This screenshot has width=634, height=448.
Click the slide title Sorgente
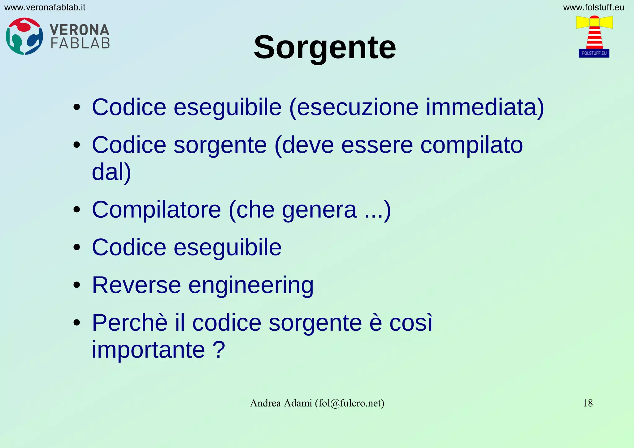(x=325, y=47)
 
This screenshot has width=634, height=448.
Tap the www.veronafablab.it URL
(x=45, y=7)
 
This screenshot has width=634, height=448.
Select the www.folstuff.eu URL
(x=593, y=7)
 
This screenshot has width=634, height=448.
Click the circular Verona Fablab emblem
(x=24, y=36)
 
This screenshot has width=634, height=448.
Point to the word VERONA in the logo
(x=80, y=30)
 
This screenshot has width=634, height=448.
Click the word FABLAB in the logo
(x=80, y=43)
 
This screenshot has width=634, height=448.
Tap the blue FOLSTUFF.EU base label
(x=594, y=53)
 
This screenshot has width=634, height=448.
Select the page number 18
(x=588, y=403)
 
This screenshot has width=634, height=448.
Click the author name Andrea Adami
(x=281, y=403)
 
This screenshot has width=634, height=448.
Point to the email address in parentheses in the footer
(x=350, y=403)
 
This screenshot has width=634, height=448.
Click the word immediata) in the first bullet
(x=485, y=107)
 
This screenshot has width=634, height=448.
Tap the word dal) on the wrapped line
(x=111, y=172)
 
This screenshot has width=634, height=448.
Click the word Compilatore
(x=156, y=210)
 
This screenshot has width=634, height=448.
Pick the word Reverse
(x=136, y=285)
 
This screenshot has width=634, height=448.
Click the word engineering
(x=251, y=285)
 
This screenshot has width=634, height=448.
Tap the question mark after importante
(x=219, y=350)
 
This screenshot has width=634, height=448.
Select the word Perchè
(x=130, y=323)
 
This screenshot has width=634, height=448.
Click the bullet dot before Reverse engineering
(x=77, y=285)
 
